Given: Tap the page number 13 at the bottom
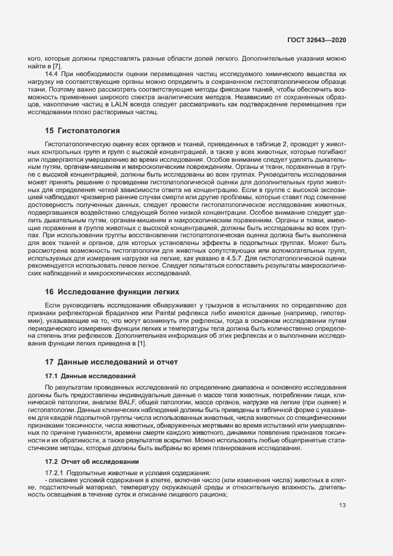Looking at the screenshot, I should [x=342, y=506].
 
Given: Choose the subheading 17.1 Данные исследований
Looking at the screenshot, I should [x=90, y=376].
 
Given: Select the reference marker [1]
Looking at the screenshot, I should [x=141, y=344].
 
